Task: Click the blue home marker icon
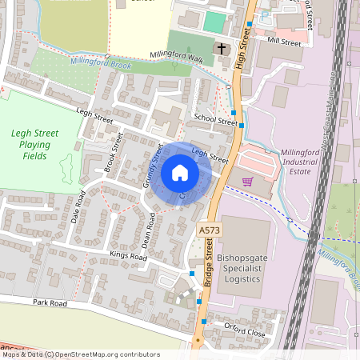pos(180,172)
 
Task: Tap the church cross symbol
pos(222,49)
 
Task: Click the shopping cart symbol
pos(247,181)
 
